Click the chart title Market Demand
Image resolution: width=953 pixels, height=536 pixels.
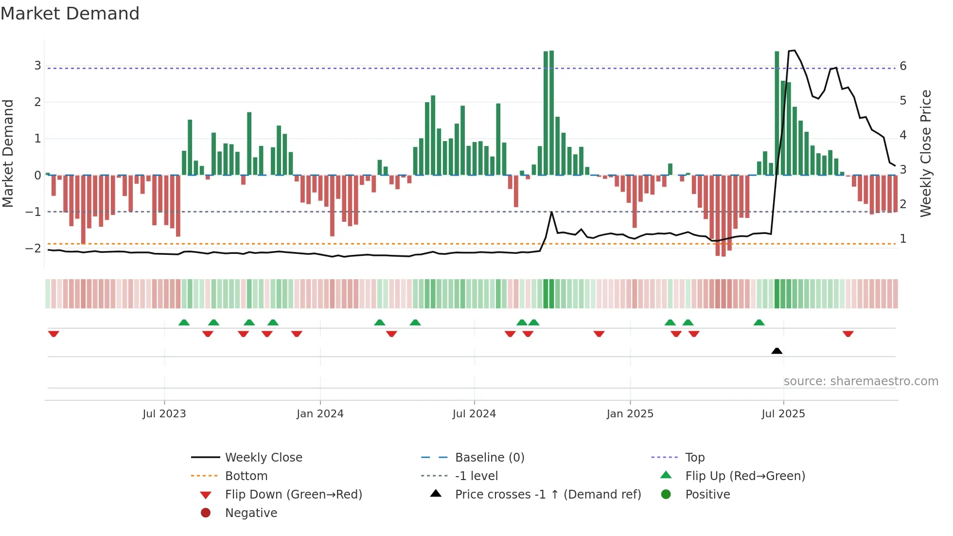(70, 14)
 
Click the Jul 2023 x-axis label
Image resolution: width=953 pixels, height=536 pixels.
(164, 414)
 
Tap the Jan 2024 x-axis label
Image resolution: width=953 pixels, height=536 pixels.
(320, 414)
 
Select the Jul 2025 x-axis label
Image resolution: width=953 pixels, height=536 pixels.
(783, 414)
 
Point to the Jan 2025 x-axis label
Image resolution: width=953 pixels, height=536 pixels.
(630, 414)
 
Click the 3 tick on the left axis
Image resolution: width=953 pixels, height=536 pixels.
(37, 66)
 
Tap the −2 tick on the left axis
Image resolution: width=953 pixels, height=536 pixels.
(34, 249)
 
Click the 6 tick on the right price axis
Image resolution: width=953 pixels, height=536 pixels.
(903, 66)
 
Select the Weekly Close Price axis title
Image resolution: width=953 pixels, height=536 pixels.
(926, 153)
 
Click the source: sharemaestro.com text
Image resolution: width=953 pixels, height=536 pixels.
(861, 381)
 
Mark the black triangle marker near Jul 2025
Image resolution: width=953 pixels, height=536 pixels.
(777, 351)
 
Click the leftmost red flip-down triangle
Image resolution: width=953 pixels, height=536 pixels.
(53, 334)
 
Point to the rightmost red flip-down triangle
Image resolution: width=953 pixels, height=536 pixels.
(848, 334)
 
